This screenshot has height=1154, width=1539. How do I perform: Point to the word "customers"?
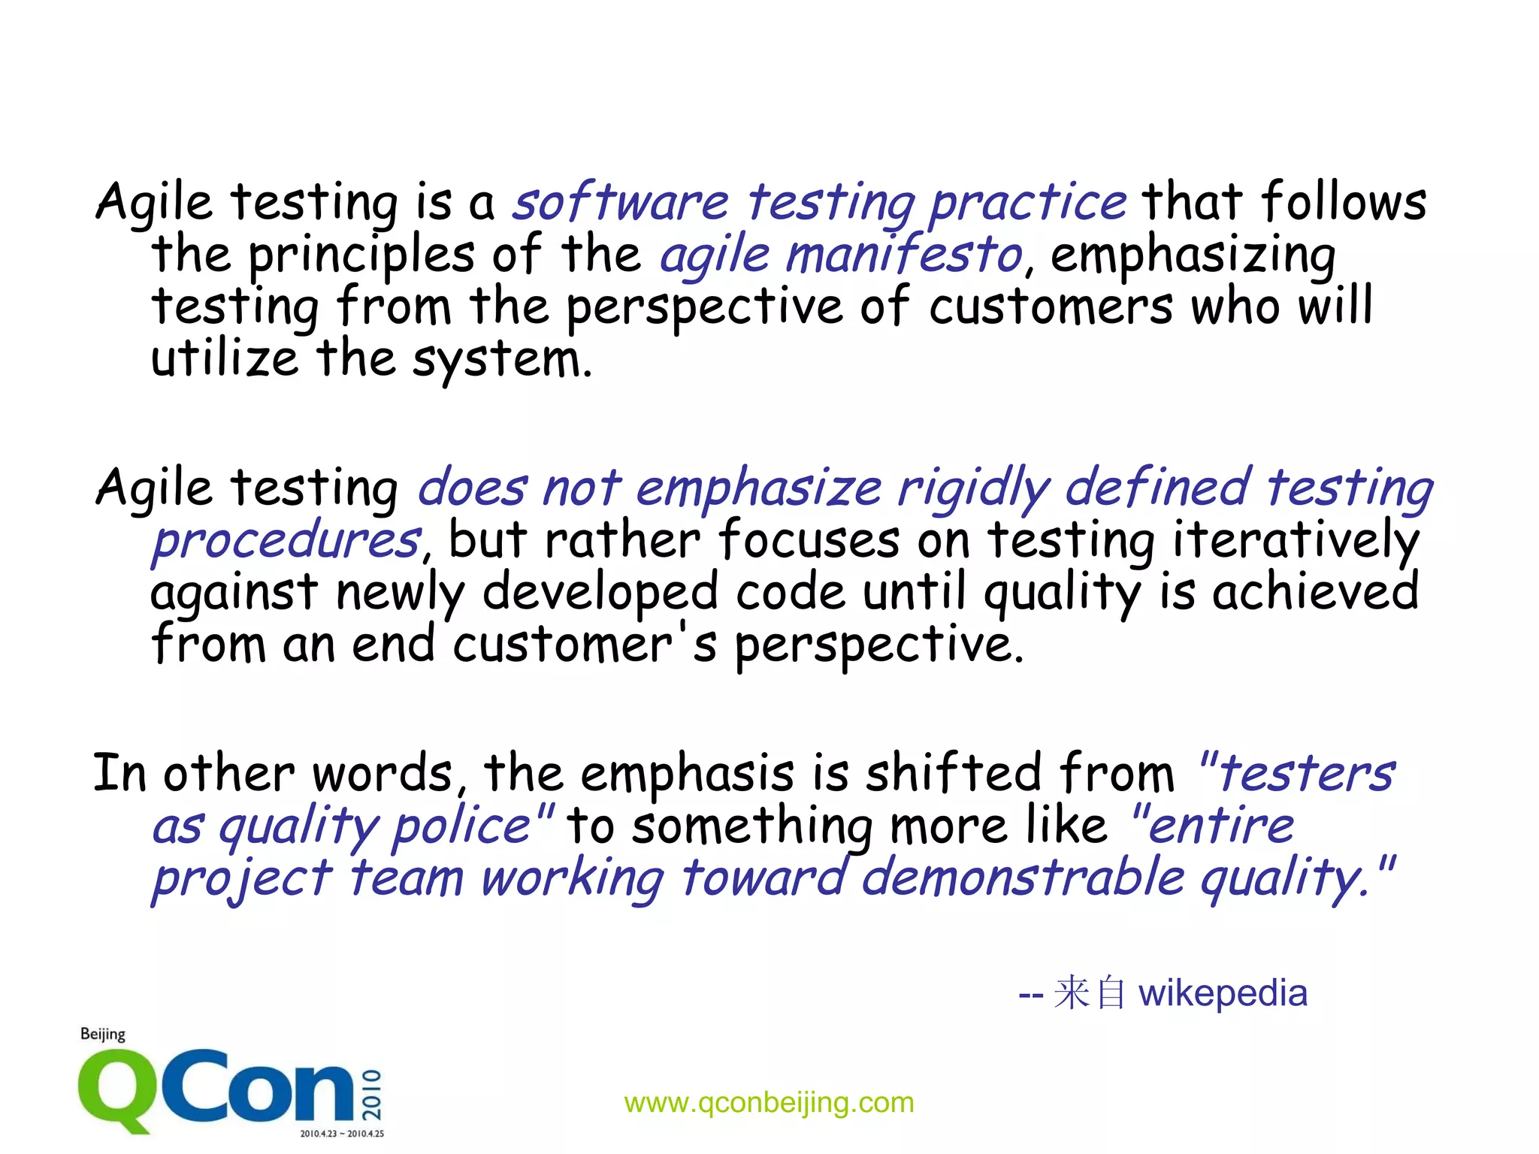(1051, 307)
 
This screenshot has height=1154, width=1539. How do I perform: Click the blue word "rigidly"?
(973, 488)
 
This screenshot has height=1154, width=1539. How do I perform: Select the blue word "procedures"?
(286, 539)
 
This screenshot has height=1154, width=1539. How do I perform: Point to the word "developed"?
(600, 592)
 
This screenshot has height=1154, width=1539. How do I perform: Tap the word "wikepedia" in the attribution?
(1223, 993)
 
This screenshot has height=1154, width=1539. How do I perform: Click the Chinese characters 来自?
(1089, 992)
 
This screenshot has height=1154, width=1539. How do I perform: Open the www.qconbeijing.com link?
(769, 1102)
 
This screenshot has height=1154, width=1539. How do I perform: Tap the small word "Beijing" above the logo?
(103, 1035)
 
